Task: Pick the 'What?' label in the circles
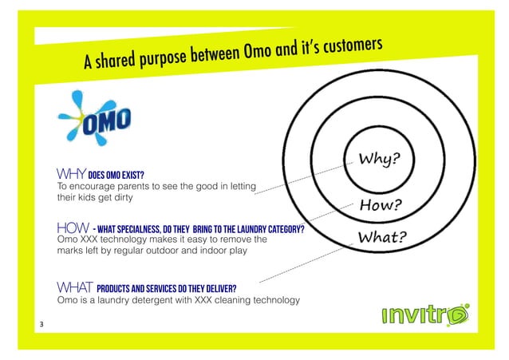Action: tap(382, 238)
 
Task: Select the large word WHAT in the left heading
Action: tap(74, 287)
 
